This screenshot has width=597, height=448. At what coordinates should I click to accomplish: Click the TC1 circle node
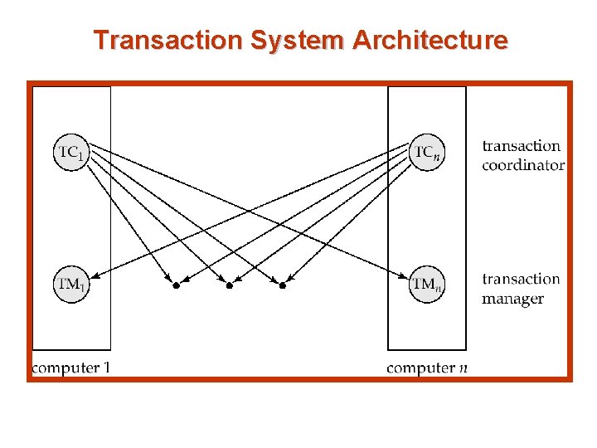point(70,152)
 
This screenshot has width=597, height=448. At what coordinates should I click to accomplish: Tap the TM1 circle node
point(70,285)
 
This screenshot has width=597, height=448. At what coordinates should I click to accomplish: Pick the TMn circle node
point(425,285)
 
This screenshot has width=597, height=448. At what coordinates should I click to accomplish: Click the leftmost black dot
point(176,285)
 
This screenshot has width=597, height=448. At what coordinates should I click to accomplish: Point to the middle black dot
point(230,285)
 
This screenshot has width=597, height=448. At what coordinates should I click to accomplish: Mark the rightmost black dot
point(283,285)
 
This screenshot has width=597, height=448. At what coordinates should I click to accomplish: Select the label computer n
point(426,368)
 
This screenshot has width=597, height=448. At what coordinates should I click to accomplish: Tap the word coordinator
point(522,165)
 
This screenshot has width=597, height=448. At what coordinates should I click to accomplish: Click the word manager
point(512,299)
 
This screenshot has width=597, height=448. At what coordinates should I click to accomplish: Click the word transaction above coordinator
point(522,146)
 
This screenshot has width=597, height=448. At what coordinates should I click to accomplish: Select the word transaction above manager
point(522,280)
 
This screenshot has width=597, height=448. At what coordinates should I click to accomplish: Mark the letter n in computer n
point(463,368)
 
